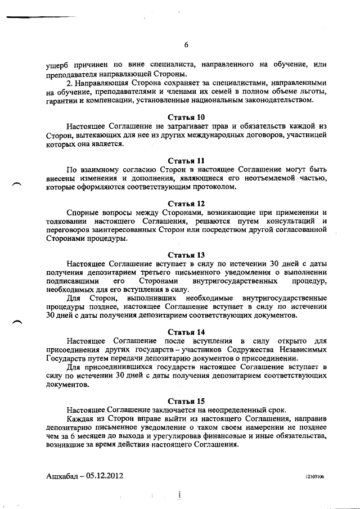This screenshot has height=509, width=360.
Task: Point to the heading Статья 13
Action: click(x=187, y=254)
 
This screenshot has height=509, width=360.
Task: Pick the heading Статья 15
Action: click(x=187, y=400)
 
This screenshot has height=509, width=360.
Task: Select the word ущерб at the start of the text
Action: click(x=58, y=66)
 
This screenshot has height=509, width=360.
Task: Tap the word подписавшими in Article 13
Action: click(x=73, y=281)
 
